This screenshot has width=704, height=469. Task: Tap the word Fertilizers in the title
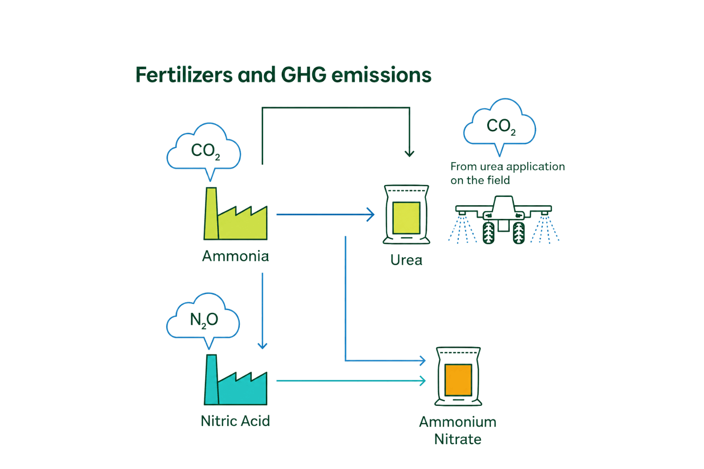pyautogui.click(x=184, y=75)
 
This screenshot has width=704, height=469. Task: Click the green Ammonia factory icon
pyautogui.click(x=236, y=213)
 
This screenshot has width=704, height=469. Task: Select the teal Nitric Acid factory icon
pyautogui.click(x=236, y=380)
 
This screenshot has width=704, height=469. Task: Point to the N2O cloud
pyautogui.click(x=203, y=321)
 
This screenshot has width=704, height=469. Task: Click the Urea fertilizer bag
pyautogui.click(x=407, y=214)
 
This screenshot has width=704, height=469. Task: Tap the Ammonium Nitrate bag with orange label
pyautogui.click(x=458, y=376)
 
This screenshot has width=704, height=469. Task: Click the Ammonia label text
pyautogui.click(x=236, y=256)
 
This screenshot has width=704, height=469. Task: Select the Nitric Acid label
pyautogui.click(x=236, y=421)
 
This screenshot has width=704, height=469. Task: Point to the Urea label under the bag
pyautogui.click(x=407, y=260)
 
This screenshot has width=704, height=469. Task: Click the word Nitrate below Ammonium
pyautogui.click(x=458, y=439)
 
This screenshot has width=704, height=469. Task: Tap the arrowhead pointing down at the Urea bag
pyautogui.click(x=409, y=153)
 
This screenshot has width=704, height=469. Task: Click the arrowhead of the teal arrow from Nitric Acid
pyautogui.click(x=423, y=381)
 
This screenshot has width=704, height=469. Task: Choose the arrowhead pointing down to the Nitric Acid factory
pyautogui.click(x=263, y=346)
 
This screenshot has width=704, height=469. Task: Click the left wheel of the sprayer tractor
pyautogui.click(x=489, y=233)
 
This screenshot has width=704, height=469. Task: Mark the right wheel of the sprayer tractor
pyautogui.click(x=518, y=233)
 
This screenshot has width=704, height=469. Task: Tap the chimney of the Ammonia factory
pyautogui.click(x=211, y=213)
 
